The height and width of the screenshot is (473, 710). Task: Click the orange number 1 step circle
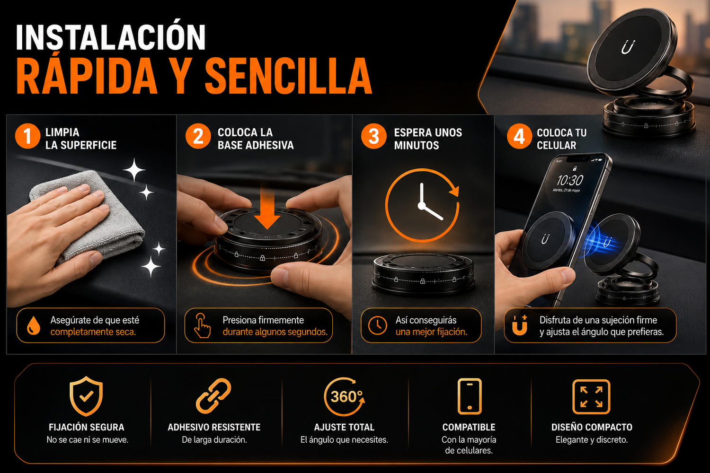[x=27, y=136]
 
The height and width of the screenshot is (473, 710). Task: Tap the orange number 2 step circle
[x=198, y=136]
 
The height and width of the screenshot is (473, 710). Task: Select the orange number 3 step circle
[x=374, y=136]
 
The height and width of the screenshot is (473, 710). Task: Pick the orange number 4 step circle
[x=519, y=136]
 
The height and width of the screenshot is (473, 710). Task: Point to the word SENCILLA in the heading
[x=288, y=76]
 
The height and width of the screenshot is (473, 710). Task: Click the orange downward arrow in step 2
[x=267, y=206]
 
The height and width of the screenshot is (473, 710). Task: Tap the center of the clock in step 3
[x=422, y=206]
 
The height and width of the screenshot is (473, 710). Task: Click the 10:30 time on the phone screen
[x=569, y=180]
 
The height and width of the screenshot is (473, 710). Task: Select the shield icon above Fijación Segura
[x=86, y=396]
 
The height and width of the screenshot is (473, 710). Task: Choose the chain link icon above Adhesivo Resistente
[x=213, y=396]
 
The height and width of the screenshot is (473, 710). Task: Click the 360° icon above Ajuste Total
[x=345, y=396]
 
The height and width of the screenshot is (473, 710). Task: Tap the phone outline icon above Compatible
[x=470, y=396]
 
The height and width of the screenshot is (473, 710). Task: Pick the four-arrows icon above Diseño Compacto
[x=591, y=397]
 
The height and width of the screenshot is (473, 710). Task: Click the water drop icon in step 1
[x=33, y=325]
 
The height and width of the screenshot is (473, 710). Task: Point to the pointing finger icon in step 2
[x=202, y=325]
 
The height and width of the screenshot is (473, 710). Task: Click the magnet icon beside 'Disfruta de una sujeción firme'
[x=520, y=325]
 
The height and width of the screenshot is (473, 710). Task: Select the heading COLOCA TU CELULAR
[x=561, y=139]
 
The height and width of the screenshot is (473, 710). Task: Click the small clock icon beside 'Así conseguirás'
[x=377, y=325]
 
